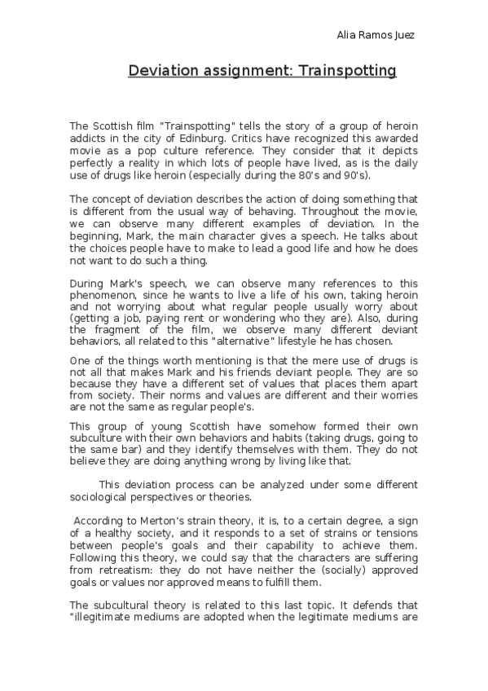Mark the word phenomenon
[x=102, y=299]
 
